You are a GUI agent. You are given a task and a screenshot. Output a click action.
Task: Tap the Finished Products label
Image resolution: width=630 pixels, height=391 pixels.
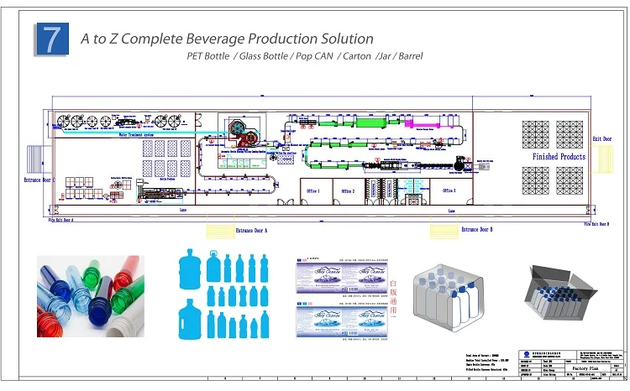coord(559,157)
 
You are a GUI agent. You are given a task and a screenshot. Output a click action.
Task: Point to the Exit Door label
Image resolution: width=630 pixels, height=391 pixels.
coord(602,138)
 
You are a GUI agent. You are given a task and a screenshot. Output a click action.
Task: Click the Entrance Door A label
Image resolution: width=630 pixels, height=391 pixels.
coord(251,230)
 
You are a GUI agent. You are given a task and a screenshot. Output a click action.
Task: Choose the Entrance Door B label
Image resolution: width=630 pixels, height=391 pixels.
coord(476,229)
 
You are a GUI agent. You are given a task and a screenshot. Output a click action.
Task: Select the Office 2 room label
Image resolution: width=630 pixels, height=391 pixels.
coord(348,191)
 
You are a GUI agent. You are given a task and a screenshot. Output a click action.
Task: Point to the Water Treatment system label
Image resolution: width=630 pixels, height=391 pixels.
coord(134,133)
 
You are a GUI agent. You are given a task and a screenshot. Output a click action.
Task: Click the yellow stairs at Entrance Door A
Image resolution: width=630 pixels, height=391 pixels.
coord(220,229)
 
